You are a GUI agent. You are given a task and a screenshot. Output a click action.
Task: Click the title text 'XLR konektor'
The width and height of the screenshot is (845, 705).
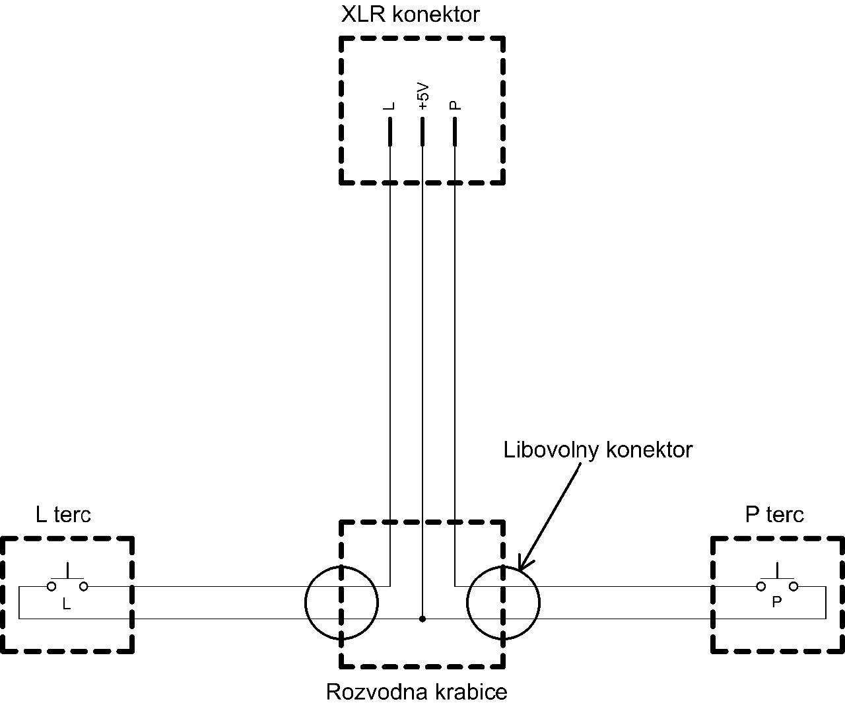[x=410, y=15]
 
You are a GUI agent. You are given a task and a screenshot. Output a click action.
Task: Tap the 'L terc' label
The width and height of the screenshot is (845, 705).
[x=63, y=514]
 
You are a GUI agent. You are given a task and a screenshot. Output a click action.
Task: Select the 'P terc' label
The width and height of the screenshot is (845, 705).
[x=774, y=514]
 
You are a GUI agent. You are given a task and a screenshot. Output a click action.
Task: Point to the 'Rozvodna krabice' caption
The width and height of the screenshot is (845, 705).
[x=417, y=692]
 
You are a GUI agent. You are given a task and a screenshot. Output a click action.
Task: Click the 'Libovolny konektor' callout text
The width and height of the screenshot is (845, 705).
[x=597, y=450]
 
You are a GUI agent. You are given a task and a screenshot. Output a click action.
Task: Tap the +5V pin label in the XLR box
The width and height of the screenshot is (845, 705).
[x=423, y=96]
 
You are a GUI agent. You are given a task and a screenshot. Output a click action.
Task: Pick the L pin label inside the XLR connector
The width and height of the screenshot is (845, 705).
[x=390, y=106]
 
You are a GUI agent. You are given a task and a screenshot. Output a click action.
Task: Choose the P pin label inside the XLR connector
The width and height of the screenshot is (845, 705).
[x=454, y=106]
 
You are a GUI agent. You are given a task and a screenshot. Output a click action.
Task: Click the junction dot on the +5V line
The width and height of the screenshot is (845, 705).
[x=422, y=619]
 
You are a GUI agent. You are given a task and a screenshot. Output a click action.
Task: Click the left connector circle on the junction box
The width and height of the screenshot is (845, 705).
[x=341, y=602]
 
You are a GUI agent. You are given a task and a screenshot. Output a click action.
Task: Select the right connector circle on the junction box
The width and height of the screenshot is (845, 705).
[x=503, y=602]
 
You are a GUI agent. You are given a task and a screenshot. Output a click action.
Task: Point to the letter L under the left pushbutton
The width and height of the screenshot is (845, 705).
[x=66, y=603]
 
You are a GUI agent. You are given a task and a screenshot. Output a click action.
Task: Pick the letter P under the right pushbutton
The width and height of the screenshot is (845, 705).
[x=776, y=602]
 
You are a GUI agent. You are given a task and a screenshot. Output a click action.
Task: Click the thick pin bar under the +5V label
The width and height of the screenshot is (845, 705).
[x=422, y=131]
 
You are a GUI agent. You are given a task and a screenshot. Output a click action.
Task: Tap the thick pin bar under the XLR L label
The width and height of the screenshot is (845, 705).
[x=390, y=131]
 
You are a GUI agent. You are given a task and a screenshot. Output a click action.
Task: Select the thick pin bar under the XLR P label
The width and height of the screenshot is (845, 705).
[x=454, y=131]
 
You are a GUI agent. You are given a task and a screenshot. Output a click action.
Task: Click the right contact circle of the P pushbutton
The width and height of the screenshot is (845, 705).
[x=794, y=586]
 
